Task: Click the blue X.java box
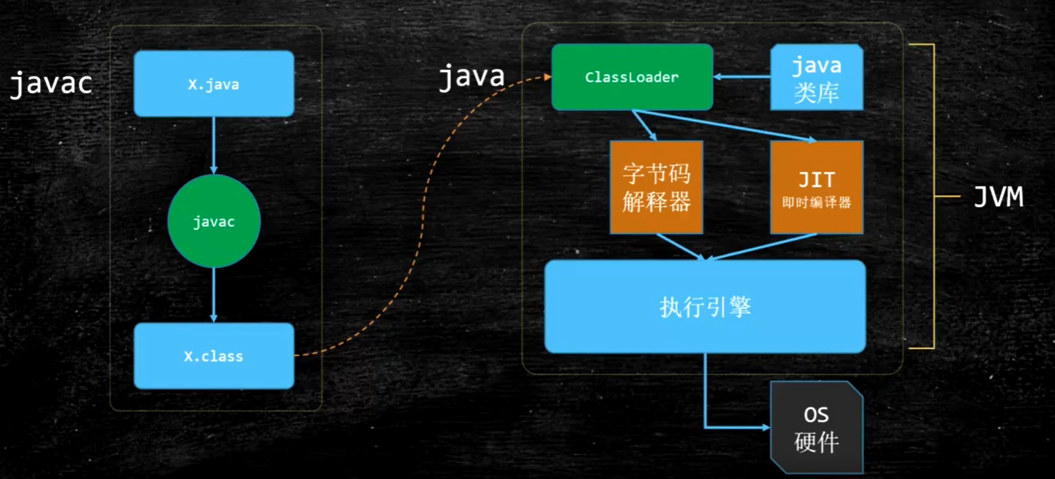click(x=213, y=84)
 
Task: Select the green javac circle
click(x=213, y=221)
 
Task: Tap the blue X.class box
click(x=213, y=356)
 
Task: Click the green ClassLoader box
click(x=632, y=77)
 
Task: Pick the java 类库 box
click(x=816, y=78)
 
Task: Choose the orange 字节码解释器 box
click(x=656, y=187)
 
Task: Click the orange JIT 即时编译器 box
click(x=816, y=187)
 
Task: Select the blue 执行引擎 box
click(x=705, y=307)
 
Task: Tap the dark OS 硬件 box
click(x=816, y=427)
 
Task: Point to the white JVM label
click(x=998, y=198)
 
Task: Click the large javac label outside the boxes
click(x=51, y=84)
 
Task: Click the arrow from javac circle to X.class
click(x=213, y=295)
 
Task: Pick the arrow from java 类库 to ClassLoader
click(x=742, y=77)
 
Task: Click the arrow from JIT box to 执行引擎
click(x=764, y=246)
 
